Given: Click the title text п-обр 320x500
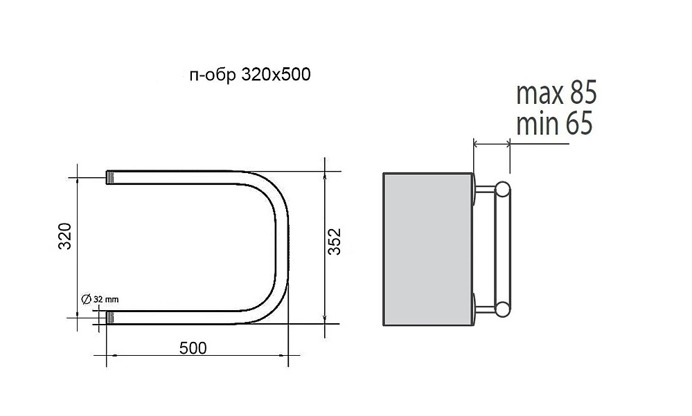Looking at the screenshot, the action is tap(250, 75).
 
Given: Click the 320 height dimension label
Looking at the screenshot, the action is tap(65, 237).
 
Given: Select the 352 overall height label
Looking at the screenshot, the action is tap(335, 242).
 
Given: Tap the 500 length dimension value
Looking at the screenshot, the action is tap(193, 348).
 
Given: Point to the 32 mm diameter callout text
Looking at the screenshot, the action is tap(106, 299).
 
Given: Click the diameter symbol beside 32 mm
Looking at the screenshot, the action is tap(87, 298).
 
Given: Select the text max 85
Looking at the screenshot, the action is tap(556, 92).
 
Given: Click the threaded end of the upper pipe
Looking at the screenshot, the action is tap(110, 178).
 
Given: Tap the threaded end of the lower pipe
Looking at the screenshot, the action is tap(110, 318).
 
